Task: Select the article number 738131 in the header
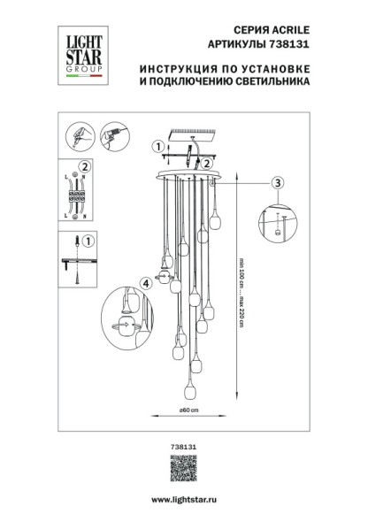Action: coord(267,45)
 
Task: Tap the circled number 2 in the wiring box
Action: coord(85,166)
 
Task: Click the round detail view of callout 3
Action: coord(278,221)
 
